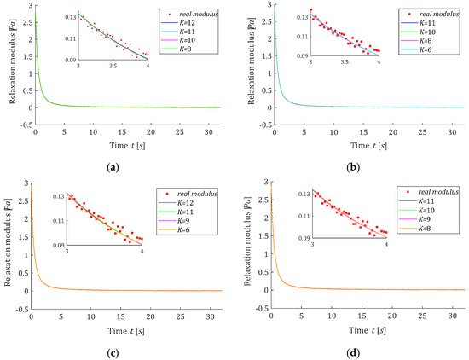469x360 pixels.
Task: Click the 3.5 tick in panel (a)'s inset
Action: coord(111,65)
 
